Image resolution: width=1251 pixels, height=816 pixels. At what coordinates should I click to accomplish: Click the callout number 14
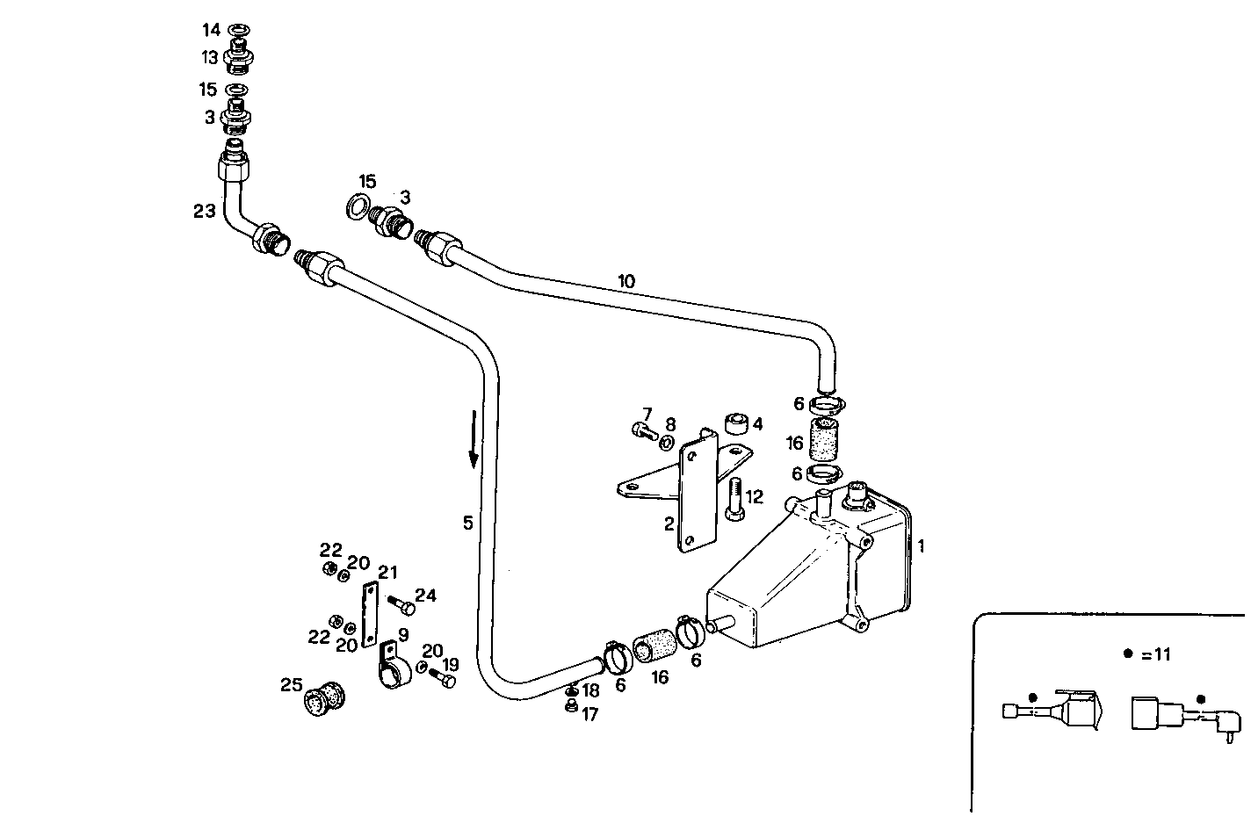[x=211, y=31]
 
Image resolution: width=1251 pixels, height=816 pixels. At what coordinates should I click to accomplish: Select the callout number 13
[x=209, y=58]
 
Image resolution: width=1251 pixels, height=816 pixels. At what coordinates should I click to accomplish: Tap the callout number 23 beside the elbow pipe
[x=204, y=211]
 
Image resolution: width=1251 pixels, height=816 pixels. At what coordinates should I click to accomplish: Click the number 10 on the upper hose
[x=625, y=282]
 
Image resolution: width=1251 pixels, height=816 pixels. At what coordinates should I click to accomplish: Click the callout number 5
[x=468, y=523]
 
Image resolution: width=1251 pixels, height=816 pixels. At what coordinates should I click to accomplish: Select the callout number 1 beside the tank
[x=921, y=545]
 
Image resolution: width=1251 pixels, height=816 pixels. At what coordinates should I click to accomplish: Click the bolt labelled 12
[x=734, y=499]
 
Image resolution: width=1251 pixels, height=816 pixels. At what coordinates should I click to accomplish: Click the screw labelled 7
[x=641, y=430]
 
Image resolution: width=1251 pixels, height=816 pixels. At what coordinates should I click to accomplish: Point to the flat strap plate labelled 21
[x=370, y=614]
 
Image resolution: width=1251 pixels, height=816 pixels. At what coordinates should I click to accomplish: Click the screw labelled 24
[x=406, y=607]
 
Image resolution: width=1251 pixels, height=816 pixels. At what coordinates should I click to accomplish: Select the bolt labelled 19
[x=445, y=679]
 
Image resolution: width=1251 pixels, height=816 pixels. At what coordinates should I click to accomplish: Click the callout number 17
[x=589, y=715]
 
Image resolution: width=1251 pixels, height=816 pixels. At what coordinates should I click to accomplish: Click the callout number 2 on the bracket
[x=669, y=524]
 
